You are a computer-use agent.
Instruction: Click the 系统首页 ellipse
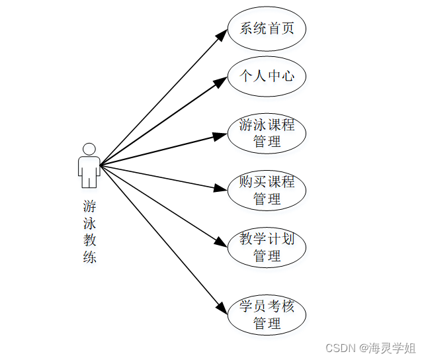pos(267,29)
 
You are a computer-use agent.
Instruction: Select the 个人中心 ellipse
pos(267,77)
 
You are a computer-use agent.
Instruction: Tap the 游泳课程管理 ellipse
pos(267,133)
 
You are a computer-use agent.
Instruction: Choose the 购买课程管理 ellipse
pos(267,190)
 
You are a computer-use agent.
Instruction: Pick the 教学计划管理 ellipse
pos(267,247)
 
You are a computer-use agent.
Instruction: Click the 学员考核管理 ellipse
pos(267,314)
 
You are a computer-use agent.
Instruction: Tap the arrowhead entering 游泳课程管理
pos(220,136)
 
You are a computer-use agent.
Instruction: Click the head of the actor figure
pos(89,150)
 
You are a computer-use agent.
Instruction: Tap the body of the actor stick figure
pos(89,169)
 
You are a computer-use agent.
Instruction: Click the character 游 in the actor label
pos(89,206)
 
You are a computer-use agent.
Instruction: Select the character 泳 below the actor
pos(89,223)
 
